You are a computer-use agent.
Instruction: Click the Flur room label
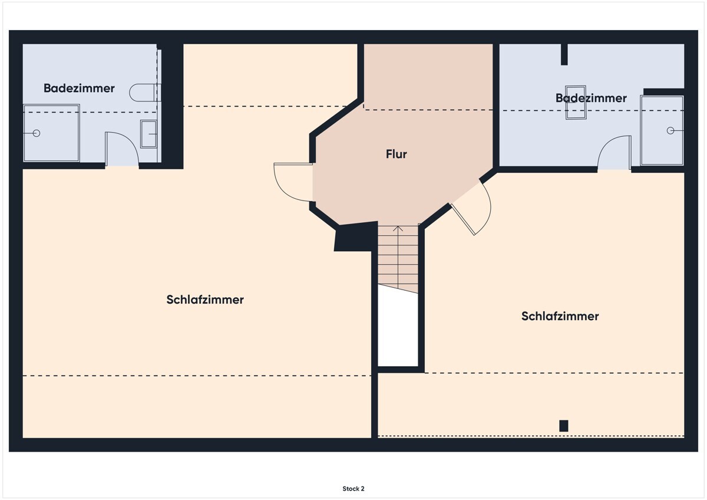(397, 154)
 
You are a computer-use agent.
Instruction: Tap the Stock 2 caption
(353, 489)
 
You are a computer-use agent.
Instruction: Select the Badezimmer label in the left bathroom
(79, 88)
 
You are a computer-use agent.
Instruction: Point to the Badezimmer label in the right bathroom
(591, 98)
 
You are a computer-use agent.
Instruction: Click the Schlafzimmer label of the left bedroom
(205, 300)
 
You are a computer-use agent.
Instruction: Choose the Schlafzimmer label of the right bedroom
(560, 316)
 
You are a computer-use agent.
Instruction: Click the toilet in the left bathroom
(144, 93)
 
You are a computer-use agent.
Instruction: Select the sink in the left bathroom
(148, 134)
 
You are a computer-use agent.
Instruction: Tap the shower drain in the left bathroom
(37, 133)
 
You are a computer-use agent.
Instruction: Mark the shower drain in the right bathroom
(670, 130)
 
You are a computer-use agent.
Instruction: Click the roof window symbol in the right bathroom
(576, 103)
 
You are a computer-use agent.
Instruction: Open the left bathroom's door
(121, 149)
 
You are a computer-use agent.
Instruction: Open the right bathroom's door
(614, 153)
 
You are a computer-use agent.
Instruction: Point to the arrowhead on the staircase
(398, 228)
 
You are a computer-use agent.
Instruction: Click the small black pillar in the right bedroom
(564, 426)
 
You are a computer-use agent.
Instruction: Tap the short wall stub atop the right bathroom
(564, 54)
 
